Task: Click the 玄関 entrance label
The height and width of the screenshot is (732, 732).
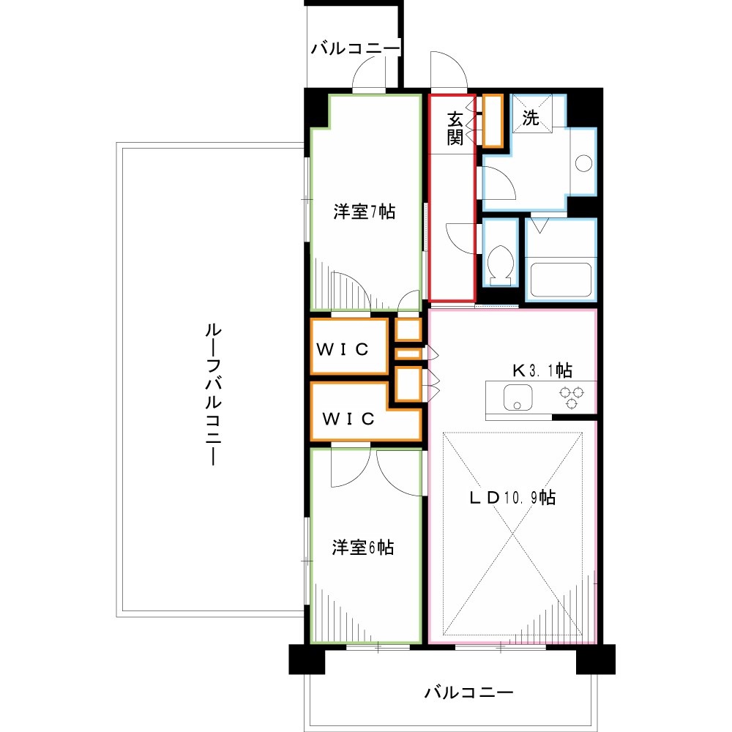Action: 456,128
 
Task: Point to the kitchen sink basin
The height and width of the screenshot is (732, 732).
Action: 518,397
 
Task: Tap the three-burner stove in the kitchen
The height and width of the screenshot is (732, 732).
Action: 571,397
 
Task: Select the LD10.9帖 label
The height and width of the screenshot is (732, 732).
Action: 512,498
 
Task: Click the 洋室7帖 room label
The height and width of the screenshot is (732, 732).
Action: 365,212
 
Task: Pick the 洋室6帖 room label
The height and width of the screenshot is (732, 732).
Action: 363,547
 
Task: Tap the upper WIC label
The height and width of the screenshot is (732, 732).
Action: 342,348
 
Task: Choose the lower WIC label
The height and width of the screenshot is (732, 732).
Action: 350,419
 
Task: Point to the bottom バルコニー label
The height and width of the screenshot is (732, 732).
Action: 468,692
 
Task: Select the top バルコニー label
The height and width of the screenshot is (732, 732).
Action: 355,49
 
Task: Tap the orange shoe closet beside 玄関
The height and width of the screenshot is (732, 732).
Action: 492,119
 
